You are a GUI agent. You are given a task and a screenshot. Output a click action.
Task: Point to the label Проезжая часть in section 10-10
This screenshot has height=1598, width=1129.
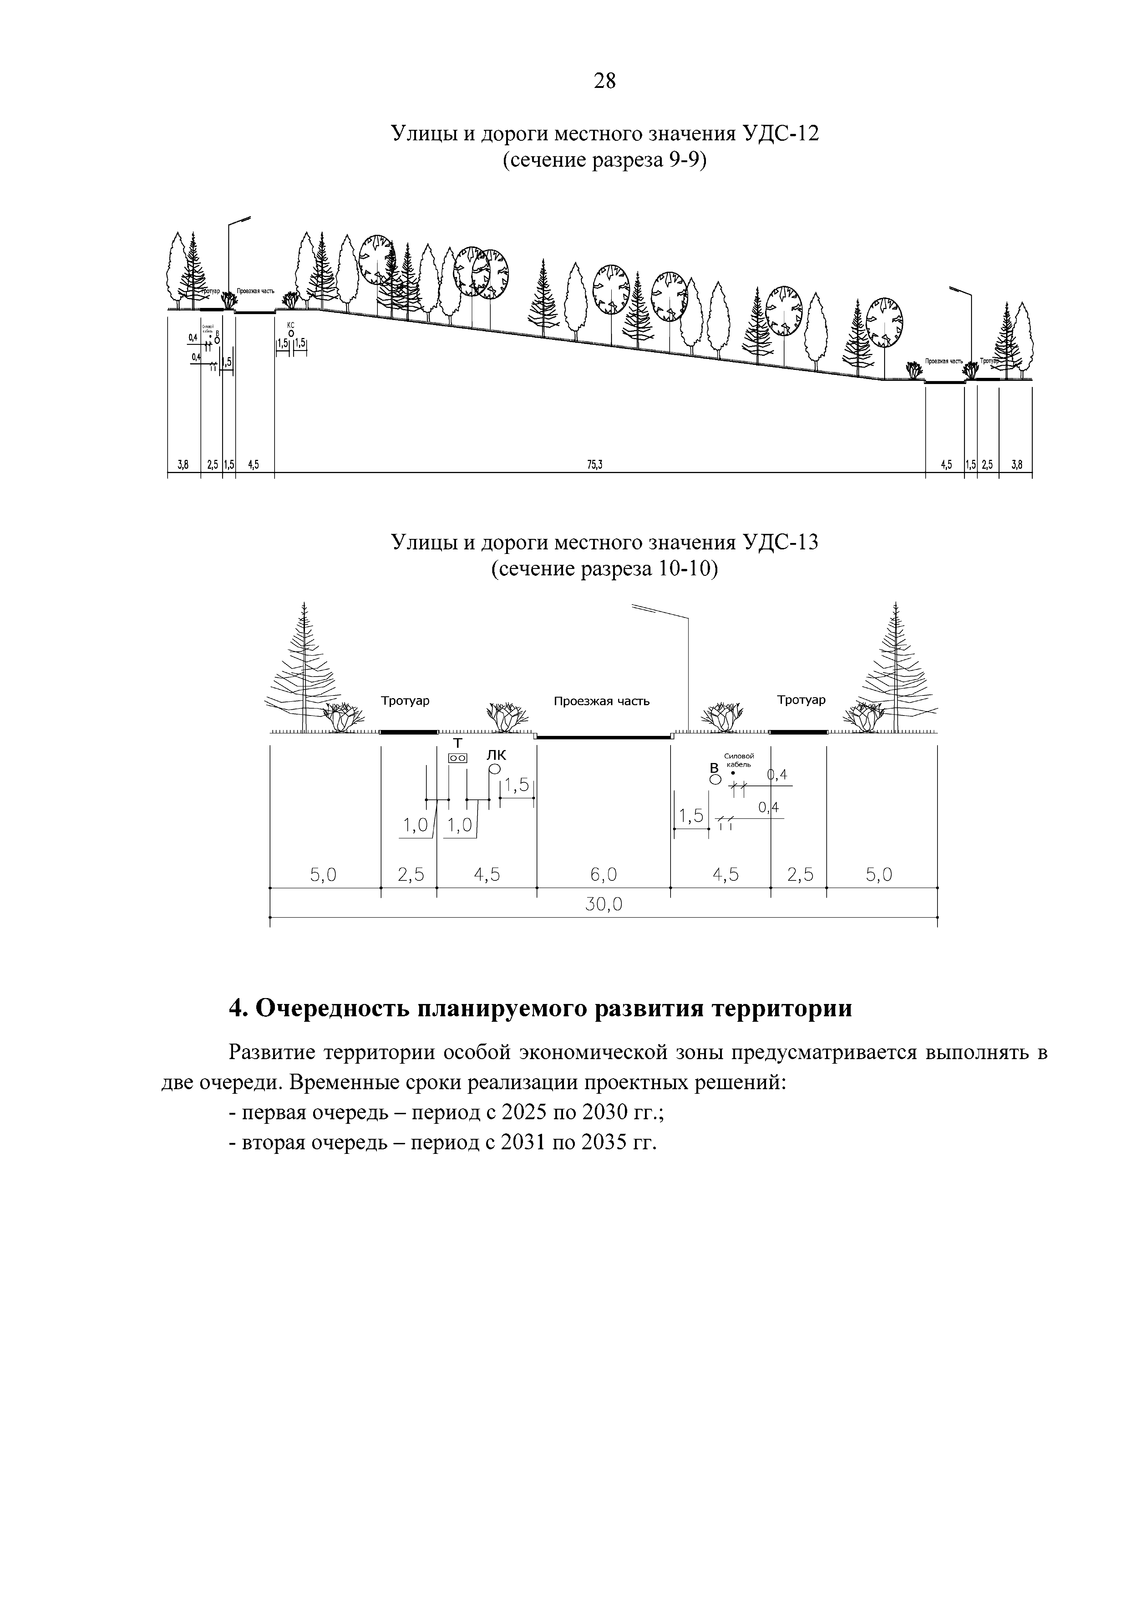pyautogui.click(x=602, y=701)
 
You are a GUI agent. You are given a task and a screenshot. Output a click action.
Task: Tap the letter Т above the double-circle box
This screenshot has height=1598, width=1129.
pyautogui.click(x=458, y=743)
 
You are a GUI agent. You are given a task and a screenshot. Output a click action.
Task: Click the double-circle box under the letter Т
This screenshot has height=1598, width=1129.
pyautogui.click(x=458, y=757)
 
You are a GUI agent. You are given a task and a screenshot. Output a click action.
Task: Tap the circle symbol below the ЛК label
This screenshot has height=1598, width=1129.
pyautogui.click(x=495, y=769)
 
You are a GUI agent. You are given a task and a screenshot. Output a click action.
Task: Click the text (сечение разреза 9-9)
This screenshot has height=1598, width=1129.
pyautogui.click(x=604, y=161)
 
